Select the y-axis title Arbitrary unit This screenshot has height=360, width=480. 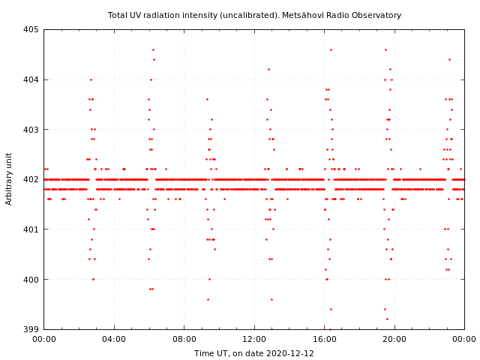[9, 178]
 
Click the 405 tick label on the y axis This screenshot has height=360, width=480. [31, 30]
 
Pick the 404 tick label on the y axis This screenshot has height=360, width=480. [31, 79]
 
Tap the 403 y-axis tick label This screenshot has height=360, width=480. [31, 130]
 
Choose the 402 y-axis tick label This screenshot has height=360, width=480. [31, 179]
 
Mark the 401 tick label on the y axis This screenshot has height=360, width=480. [31, 229]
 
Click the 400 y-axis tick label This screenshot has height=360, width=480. [31, 279]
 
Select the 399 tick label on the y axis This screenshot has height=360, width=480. [31, 329]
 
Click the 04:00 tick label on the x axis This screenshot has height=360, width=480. [114, 339]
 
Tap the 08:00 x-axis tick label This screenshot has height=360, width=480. [184, 339]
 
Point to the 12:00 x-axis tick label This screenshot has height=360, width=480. [254, 339]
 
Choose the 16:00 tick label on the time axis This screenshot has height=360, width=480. [325, 339]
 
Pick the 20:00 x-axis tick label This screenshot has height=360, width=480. [394, 339]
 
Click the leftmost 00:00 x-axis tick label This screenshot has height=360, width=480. [44, 339]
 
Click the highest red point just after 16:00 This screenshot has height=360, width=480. [331, 49]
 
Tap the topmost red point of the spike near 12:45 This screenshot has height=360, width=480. [268, 69]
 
